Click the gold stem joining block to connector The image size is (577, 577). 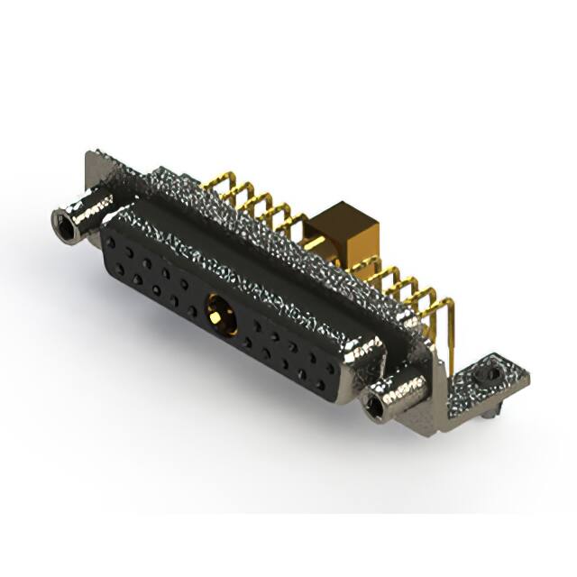coord(312,244)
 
